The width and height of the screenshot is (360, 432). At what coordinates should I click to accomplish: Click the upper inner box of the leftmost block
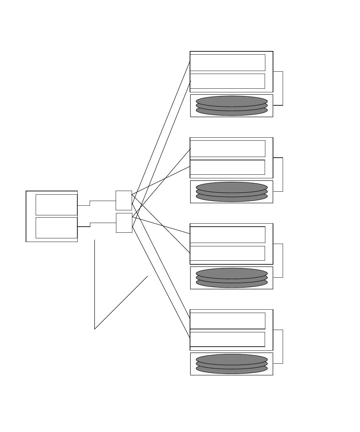click(x=56, y=205)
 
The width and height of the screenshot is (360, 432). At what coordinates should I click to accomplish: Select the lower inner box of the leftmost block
click(x=56, y=228)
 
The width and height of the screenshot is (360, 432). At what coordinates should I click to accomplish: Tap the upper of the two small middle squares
click(x=124, y=200)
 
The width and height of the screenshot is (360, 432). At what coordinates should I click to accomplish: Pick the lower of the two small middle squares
click(x=124, y=223)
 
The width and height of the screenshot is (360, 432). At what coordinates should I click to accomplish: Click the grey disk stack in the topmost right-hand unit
click(x=232, y=106)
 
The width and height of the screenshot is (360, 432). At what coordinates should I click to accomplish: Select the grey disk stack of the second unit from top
click(x=232, y=192)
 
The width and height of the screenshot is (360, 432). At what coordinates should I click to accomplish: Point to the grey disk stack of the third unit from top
click(x=232, y=278)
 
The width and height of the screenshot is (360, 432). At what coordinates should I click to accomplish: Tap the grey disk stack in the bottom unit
click(x=232, y=364)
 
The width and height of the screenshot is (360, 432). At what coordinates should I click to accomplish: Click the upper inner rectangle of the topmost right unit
click(x=227, y=63)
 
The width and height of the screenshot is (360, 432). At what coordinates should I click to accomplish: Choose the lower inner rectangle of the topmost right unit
click(x=227, y=81)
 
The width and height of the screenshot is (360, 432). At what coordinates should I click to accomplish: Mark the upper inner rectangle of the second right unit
click(x=227, y=149)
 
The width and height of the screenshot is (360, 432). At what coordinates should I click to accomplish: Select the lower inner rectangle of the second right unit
click(x=227, y=167)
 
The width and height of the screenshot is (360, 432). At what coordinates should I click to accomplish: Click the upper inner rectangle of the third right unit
click(x=227, y=235)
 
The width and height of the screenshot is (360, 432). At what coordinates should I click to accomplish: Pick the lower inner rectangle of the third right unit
click(x=227, y=253)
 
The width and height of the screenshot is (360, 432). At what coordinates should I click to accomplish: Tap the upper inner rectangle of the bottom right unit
click(x=227, y=321)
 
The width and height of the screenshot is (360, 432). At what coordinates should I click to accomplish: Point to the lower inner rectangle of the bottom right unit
click(x=227, y=339)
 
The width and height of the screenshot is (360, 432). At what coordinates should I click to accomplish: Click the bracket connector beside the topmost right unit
click(x=283, y=88)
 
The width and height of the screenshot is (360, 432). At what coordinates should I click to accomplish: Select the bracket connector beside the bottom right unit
click(x=283, y=347)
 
